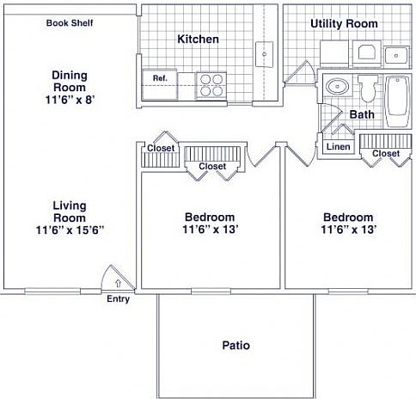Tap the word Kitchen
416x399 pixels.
point(198,40)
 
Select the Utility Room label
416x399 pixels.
point(344,23)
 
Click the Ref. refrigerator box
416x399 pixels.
point(160,78)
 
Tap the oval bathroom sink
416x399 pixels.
point(336,87)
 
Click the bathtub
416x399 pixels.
point(399,100)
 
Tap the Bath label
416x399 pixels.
point(360,114)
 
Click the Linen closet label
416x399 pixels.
point(338,147)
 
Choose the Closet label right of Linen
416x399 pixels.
point(386,154)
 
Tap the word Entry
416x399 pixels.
point(118,299)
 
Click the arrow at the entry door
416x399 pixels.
point(119,281)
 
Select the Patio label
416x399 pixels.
point(236,346)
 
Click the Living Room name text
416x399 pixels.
point(70,212)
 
